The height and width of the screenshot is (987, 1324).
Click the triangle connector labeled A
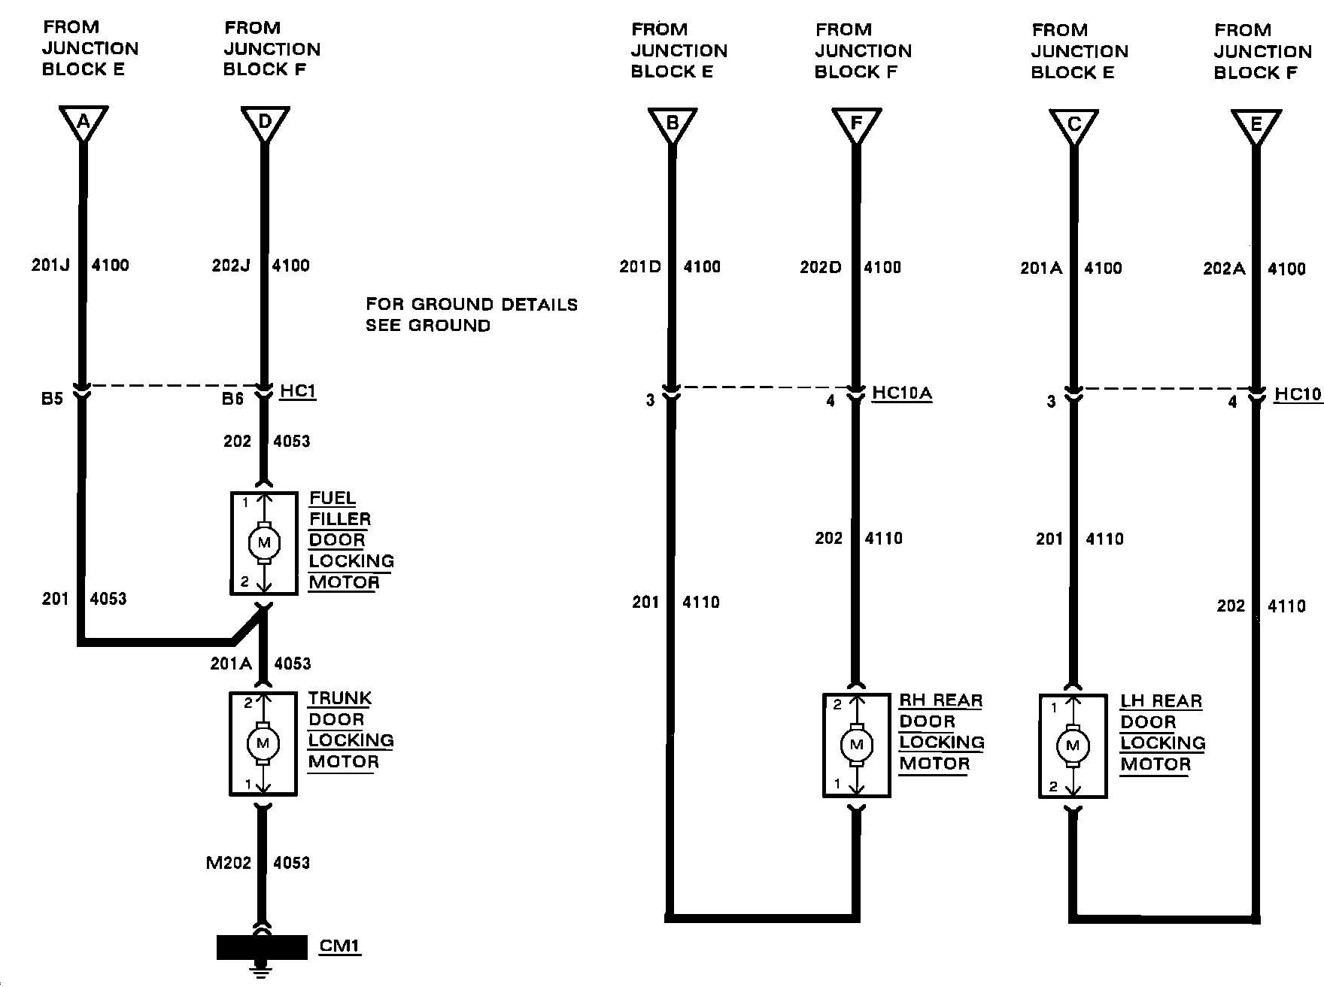pos(84,123)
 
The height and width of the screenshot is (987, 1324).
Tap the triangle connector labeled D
pos(265,123)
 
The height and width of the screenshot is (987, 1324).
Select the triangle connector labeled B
pos(673,124)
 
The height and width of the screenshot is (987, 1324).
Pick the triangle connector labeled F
pos(856,124)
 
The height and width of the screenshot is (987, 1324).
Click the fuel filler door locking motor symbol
pos(263,542)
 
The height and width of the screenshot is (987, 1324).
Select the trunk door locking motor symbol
pos(263,743)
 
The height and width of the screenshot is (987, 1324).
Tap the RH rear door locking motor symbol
pos(856,745)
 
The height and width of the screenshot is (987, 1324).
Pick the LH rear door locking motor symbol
pos(1073,746)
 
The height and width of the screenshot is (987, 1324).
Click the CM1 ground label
pos(339,946)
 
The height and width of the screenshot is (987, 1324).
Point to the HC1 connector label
pos(298,391)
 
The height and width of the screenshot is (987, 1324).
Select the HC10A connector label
pos(902,393)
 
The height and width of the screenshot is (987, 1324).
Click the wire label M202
pos(229,863)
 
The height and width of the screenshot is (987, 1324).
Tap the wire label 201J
pos(50,265)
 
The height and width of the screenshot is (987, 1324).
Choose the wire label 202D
pos(821,267)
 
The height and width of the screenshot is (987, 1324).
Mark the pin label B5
pos(52,398)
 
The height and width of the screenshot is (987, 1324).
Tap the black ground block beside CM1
pos(262,947)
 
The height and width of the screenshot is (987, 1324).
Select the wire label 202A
pos(1225,269)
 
